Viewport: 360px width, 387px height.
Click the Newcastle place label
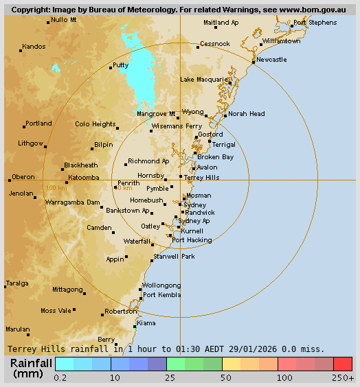coord(271,60)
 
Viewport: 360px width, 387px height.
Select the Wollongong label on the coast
coord(161,285)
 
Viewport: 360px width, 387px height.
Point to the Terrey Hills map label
coord(201,177)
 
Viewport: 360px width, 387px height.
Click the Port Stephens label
coord(315,23)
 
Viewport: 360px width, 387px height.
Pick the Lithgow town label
coord(31,143)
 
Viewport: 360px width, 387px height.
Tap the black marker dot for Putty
coord(111,68)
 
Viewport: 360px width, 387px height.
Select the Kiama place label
coord(146,322)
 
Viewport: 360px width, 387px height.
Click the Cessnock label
coord(214,44)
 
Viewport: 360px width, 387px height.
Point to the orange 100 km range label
coord(56,187)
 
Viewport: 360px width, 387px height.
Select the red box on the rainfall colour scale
coord(343,364)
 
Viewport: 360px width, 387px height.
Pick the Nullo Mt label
coord(64,20)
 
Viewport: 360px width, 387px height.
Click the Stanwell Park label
coord(174,256)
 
